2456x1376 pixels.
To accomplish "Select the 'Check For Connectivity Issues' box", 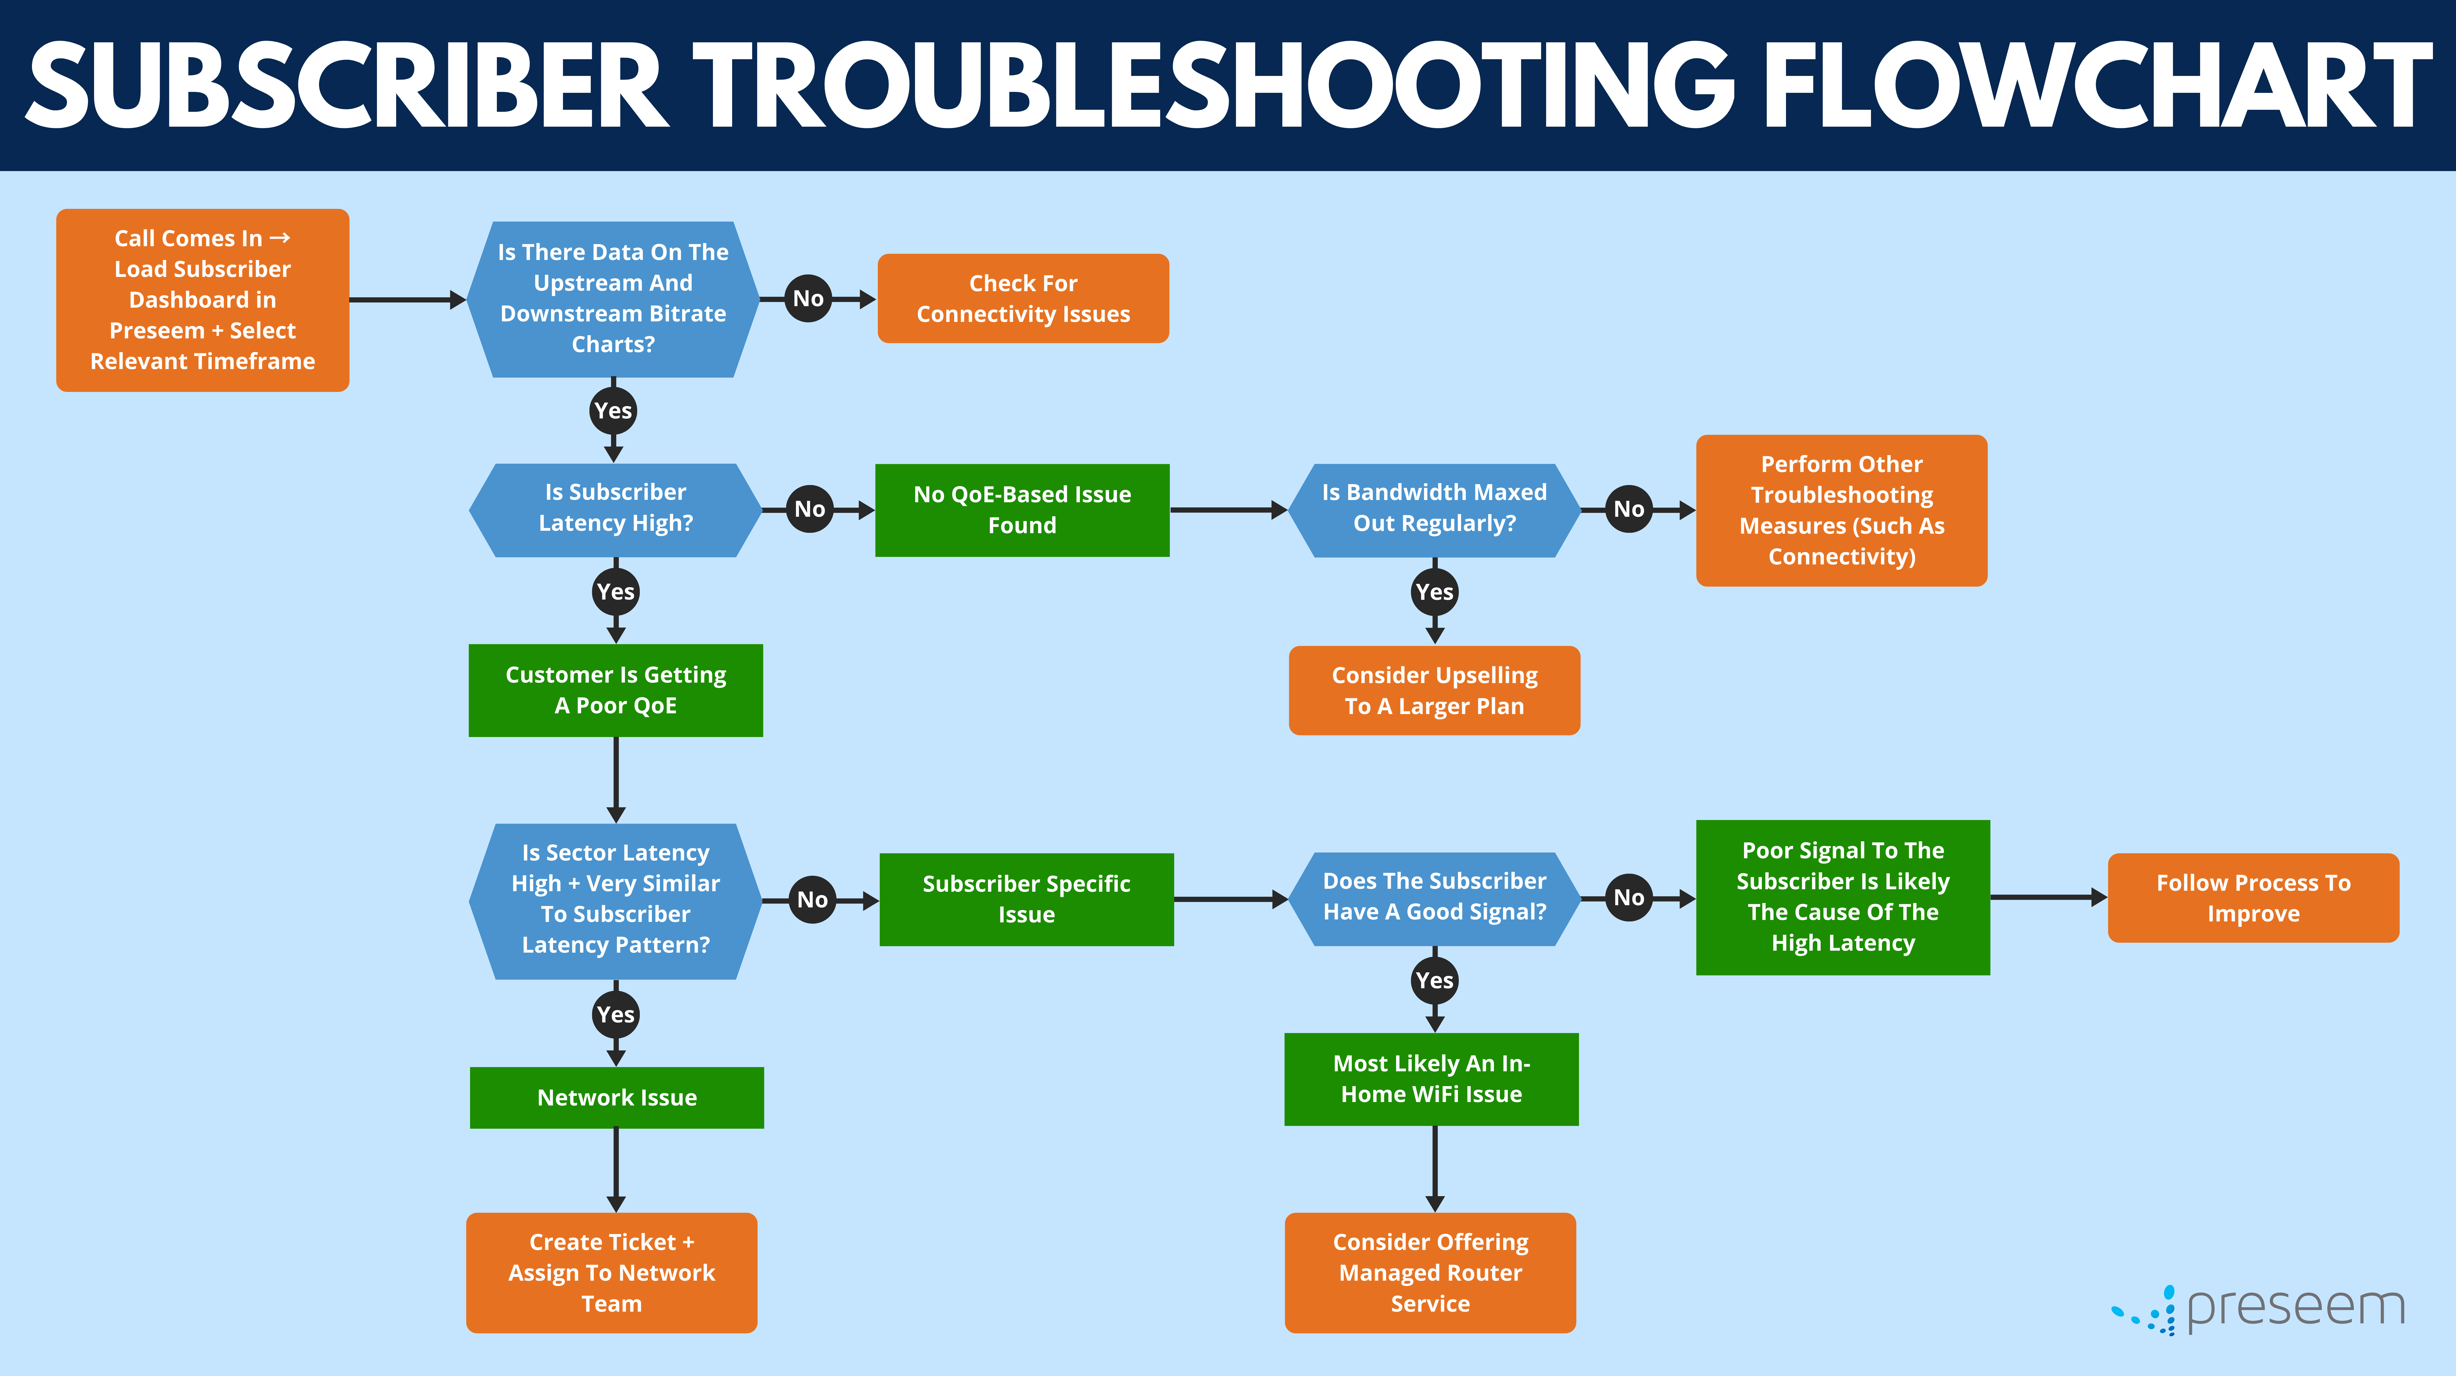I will point(1023,299).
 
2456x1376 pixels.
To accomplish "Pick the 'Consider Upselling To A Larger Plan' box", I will point(1434,690).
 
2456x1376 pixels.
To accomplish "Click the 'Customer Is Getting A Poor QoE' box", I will point(615,690).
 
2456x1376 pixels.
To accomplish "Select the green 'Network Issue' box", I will point(617,1098).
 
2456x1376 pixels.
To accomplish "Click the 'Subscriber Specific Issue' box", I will point(1026,899).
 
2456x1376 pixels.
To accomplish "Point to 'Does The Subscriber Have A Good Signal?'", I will point(1434,897).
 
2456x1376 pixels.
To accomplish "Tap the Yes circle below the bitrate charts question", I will point(613,411).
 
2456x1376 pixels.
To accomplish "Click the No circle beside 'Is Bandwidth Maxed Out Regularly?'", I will point(1628,509).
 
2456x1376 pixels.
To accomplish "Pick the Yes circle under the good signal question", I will point(1434,980).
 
